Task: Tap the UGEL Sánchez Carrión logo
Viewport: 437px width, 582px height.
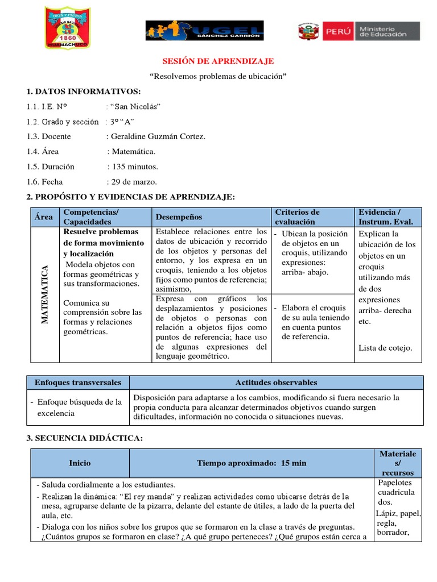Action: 204,31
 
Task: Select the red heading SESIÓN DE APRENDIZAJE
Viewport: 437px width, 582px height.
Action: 218,61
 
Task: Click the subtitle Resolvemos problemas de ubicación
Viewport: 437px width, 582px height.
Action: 218,76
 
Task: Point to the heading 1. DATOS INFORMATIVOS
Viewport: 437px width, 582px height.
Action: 83,92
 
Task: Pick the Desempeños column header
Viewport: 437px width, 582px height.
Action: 179,217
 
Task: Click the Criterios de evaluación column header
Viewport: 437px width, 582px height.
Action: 297,217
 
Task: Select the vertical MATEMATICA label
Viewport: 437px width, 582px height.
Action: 44,294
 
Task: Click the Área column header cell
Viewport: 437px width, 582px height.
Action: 43,217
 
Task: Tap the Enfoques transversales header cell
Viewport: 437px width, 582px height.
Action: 78,383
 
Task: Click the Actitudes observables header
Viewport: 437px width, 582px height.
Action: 276,383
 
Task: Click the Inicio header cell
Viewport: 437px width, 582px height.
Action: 79,463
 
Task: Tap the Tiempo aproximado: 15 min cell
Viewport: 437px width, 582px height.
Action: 252,463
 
